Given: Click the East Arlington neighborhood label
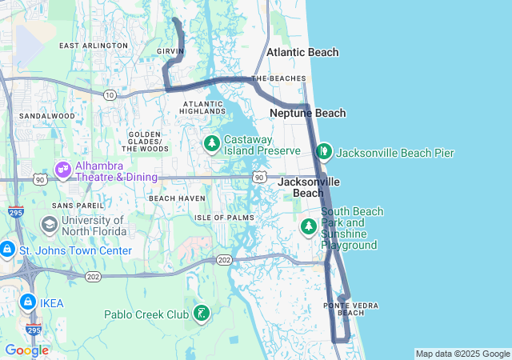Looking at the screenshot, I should pyautogui.click(x=94, y=46).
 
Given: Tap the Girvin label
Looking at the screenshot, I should pyautogui.click(x=170, y=51).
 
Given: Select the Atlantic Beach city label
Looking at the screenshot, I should pyautogui.click(x=302, y=52).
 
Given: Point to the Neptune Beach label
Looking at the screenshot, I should pyautogui.click(x=308, y=114).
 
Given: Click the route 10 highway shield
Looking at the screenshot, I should pyautogui.click(x=110, y=95).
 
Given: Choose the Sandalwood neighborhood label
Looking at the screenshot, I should pyautogui.click(x=46, y=116).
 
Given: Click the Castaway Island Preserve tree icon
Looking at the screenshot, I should pyautogui.click(x=211, y=144).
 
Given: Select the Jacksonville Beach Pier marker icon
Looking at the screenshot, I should pyautogui.click(x=324, y=151).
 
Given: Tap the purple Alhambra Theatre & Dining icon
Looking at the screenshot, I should pyautogui.click(x=62, y=170).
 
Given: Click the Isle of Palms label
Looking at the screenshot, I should pyautogui.click(x=224, y=218).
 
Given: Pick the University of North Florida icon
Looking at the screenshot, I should pyautogui.click(x=49, y=225).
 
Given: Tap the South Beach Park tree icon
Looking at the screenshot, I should pyautogui.click(x=308, y=227).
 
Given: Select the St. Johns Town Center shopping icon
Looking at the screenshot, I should pyautogui.click(x=6, y=250).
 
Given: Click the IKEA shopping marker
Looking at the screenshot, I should pyautogui.click(x=27, y=302).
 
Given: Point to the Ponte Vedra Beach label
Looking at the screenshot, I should pyautogui.click(x=344, y=309).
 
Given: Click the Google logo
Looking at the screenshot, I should pyautogui.click(x=26, y=350).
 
